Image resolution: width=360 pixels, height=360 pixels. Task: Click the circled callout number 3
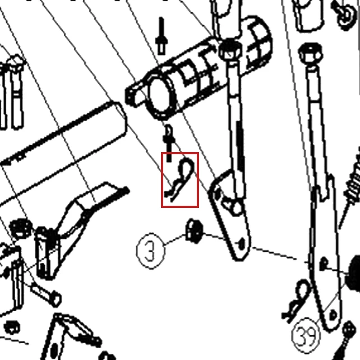[151, 251]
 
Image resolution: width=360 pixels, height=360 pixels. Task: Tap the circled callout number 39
[306, 335]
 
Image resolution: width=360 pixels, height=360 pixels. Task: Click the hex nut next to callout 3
[194, 231]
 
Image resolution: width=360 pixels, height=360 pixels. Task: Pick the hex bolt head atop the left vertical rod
[230, 50]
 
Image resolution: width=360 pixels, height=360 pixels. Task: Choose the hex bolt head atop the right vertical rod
[310, 54]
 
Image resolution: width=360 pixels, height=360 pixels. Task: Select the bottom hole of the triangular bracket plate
[241, 244]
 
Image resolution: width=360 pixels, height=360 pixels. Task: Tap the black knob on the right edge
[354, 274]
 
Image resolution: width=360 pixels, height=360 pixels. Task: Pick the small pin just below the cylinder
[169, 143]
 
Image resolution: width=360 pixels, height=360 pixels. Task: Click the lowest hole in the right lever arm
[334, 315]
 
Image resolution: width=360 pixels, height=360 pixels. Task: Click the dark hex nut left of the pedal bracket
[21, 229]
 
